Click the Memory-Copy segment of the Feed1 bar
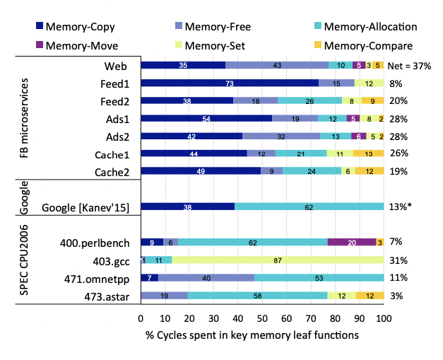[x=230, y=83]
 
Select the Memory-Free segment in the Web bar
[x=278, y=65]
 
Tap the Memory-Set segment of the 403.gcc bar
[x=278, y=260]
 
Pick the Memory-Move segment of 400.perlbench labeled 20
[x=352, y=242]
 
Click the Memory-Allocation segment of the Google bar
[x=309, y=207]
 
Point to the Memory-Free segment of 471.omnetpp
[x=206, y=277]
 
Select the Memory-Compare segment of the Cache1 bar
[x=368, y=153]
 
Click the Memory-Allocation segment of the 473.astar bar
[x=258, y=295]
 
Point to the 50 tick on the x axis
[x=263, y=318]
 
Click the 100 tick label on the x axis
[x=384, y=318]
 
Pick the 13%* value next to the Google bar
[x=400, y=207]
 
